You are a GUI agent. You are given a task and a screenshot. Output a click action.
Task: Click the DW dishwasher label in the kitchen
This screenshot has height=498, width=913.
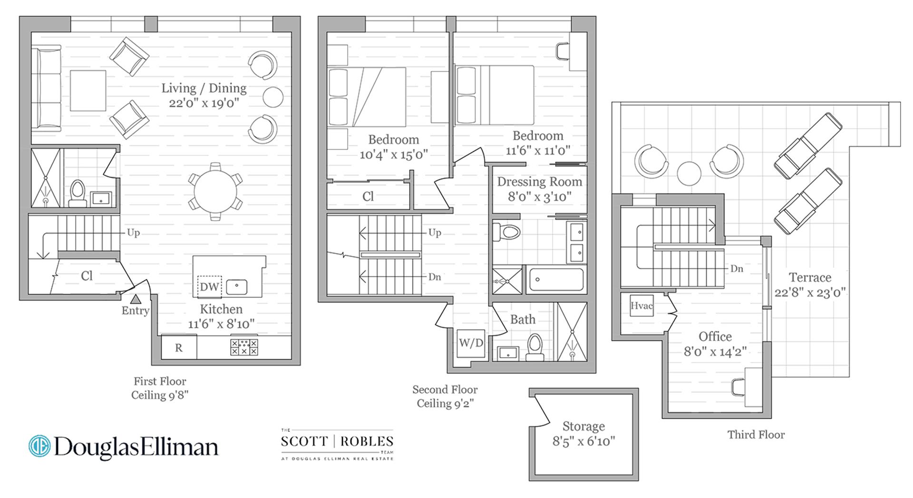coord(209,286)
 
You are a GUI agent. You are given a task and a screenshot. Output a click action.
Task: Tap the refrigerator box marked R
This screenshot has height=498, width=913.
coord(179,348)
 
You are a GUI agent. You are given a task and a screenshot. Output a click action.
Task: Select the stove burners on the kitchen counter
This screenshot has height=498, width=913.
coord(244,347)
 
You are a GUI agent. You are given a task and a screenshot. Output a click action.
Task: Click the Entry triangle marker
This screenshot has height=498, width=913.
coord(136,299)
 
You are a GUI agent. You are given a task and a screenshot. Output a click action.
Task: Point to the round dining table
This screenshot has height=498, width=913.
coord(215,191)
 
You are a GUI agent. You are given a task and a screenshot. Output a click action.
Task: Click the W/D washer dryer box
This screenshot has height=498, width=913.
coord(471,343)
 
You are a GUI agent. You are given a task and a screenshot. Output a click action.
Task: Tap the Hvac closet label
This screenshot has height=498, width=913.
coord(641,306)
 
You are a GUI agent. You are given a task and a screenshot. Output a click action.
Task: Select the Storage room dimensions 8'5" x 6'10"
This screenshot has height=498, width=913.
coord(583,441)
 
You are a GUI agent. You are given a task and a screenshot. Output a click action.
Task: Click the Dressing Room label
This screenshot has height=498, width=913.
coord(539,182)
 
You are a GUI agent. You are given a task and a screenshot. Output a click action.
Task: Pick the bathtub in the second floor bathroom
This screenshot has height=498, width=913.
coord(556,279)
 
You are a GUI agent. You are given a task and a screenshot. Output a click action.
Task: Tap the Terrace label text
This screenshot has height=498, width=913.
coord(810,277)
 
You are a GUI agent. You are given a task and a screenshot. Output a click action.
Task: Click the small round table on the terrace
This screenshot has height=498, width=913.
coord(689,173)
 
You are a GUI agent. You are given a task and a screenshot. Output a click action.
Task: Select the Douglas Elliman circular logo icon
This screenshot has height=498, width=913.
coord(39,446)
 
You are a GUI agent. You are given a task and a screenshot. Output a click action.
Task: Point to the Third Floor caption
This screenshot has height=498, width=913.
coord(756,434)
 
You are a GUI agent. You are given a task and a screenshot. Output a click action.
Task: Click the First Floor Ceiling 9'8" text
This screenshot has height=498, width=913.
coord(160,388)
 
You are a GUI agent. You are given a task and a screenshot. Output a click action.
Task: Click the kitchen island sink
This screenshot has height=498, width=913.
coord(236,287)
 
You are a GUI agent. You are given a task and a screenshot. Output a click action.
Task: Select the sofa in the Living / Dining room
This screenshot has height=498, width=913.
coord(46,88)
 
